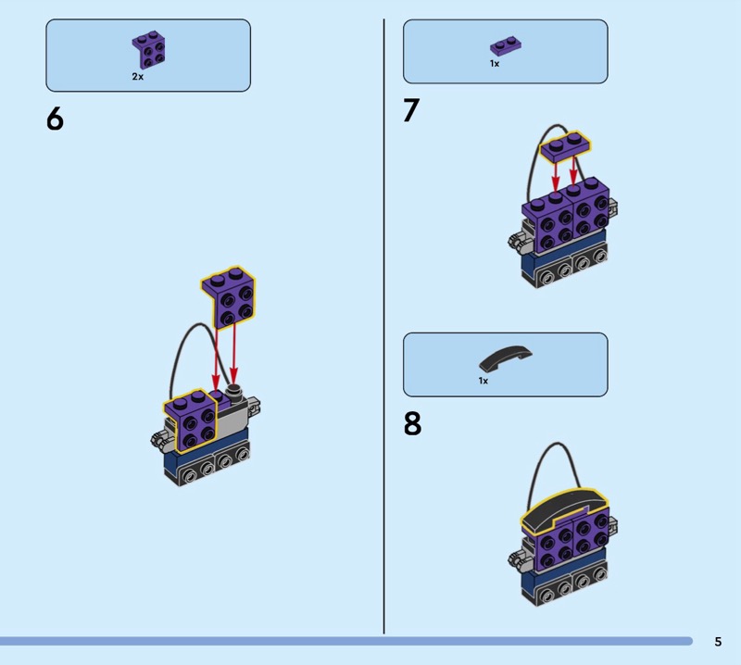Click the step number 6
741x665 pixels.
[x=55, y=119]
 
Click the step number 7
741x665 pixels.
[x=411, y=110]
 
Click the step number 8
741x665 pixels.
[x=412, y=423]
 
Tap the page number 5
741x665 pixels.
[x=718, y=641]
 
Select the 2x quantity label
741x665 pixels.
[x=137, y=77]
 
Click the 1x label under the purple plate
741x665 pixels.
[x=495, y=63]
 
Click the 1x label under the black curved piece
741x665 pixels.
[x=483, y=381]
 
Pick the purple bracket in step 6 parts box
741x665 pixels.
[x=148, y=50]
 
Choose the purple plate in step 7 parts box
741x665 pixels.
[x=505, y=45]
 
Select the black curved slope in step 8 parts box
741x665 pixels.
[x=505, y=358]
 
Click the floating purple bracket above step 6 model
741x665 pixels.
[x=229, y=296]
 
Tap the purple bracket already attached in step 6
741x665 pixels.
[x=190, y=420]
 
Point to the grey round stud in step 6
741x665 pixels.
[x=234, y=392]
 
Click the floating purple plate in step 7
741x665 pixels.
[x=566, y=147]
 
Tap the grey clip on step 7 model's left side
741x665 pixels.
[x=518, y=240]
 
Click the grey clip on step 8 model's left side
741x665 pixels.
[x=518, y=558]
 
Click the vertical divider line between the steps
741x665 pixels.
[x=383, y=326]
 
